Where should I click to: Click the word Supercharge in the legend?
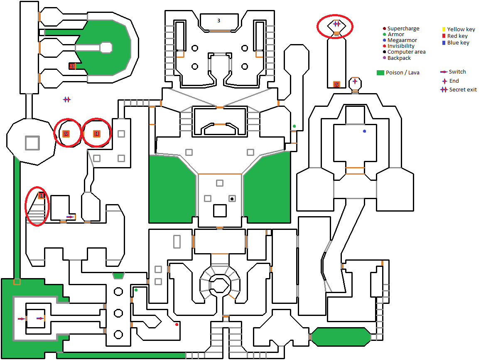[403, 29]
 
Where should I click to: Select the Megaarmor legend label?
[402, 40]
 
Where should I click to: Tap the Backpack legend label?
[399, 58]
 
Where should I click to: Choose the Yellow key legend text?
[461, 30]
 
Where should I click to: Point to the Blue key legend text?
[458, 43]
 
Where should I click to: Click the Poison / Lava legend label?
[402, 73]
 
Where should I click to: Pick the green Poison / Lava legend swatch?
[380, 73]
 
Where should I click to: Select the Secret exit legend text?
[463, 90]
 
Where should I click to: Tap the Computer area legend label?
[406, 52]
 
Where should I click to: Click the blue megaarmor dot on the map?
[365, 131]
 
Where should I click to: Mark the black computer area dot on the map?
[232, 199]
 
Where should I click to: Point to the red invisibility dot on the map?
[177, 324]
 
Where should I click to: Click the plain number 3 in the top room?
[218, 20]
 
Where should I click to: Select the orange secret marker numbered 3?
[72, 66]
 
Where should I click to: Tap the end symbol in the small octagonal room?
[355, 81]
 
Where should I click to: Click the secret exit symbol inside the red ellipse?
[336, 24]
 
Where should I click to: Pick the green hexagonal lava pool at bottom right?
[341, 337]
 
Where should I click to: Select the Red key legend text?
[457, 36]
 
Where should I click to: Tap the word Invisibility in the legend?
[401, 46]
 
